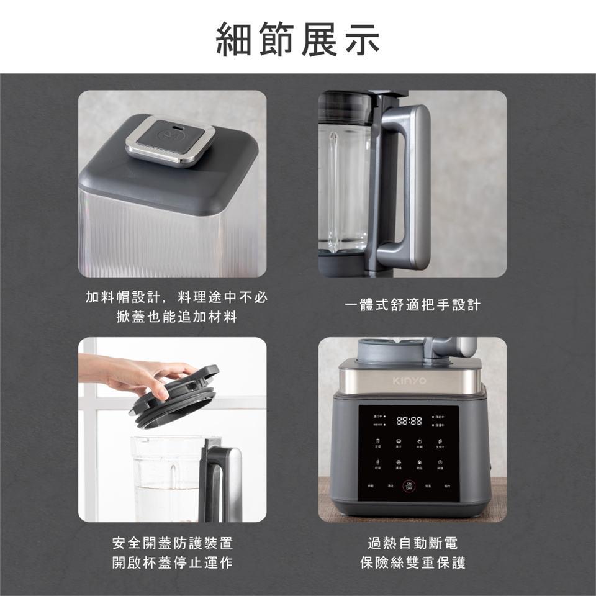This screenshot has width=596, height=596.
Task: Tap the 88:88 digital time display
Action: point(409,421)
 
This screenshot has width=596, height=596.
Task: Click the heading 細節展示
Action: point(297,39)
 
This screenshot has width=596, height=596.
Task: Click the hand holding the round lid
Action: point(137,372)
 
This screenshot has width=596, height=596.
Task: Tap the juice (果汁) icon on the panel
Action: point(398,441)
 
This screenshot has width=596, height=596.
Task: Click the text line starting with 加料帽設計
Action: point(176,297)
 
